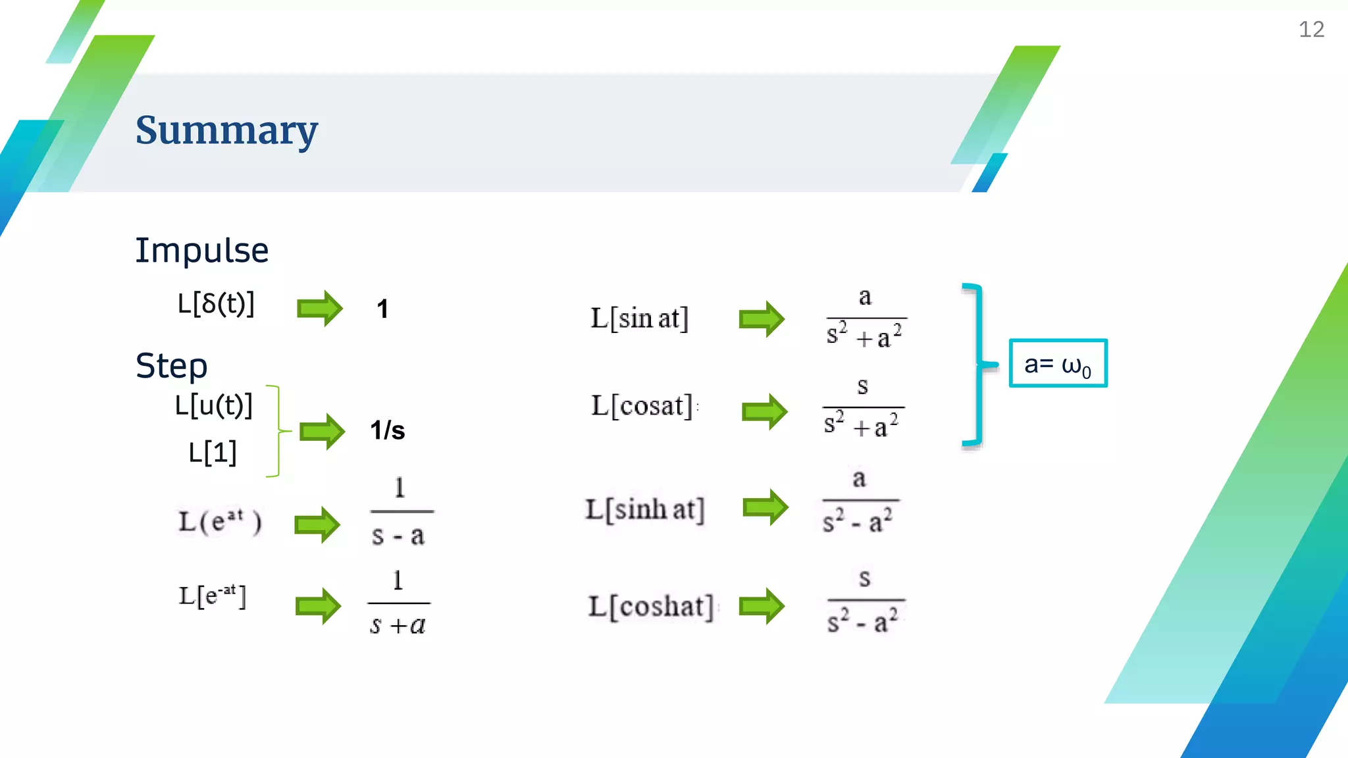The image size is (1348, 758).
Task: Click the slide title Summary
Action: [x=226, y=130]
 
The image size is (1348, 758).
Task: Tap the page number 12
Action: [x=1310, y=30]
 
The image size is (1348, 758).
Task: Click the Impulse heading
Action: [x=202, y=250]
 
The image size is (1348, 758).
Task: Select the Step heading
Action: [x=171, y=366]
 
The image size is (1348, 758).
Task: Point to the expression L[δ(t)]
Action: [x=216, y=304]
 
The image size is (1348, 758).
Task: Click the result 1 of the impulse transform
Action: [x=382, y=309]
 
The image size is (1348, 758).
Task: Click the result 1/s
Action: [x=387, y=431]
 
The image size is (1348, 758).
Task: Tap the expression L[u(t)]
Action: [x=214, y=405]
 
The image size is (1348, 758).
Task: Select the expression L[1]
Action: [x=212, y=453]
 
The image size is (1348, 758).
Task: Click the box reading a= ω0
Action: [x=1058, y=363]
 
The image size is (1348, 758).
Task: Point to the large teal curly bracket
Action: [x=977, y=365]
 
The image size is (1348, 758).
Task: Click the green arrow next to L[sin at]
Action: [x=762, y=319]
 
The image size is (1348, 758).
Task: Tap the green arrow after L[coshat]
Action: [x=762, y=605]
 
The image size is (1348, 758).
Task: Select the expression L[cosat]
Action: [x=642, y=406]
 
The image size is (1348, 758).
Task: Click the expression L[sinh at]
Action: [x=645, y=509]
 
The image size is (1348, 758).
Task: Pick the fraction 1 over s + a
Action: [x=398, y=603]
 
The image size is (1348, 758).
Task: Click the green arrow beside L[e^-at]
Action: [x=318, y=605]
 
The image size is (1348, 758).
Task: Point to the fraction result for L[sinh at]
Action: [x=859, y=501]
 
